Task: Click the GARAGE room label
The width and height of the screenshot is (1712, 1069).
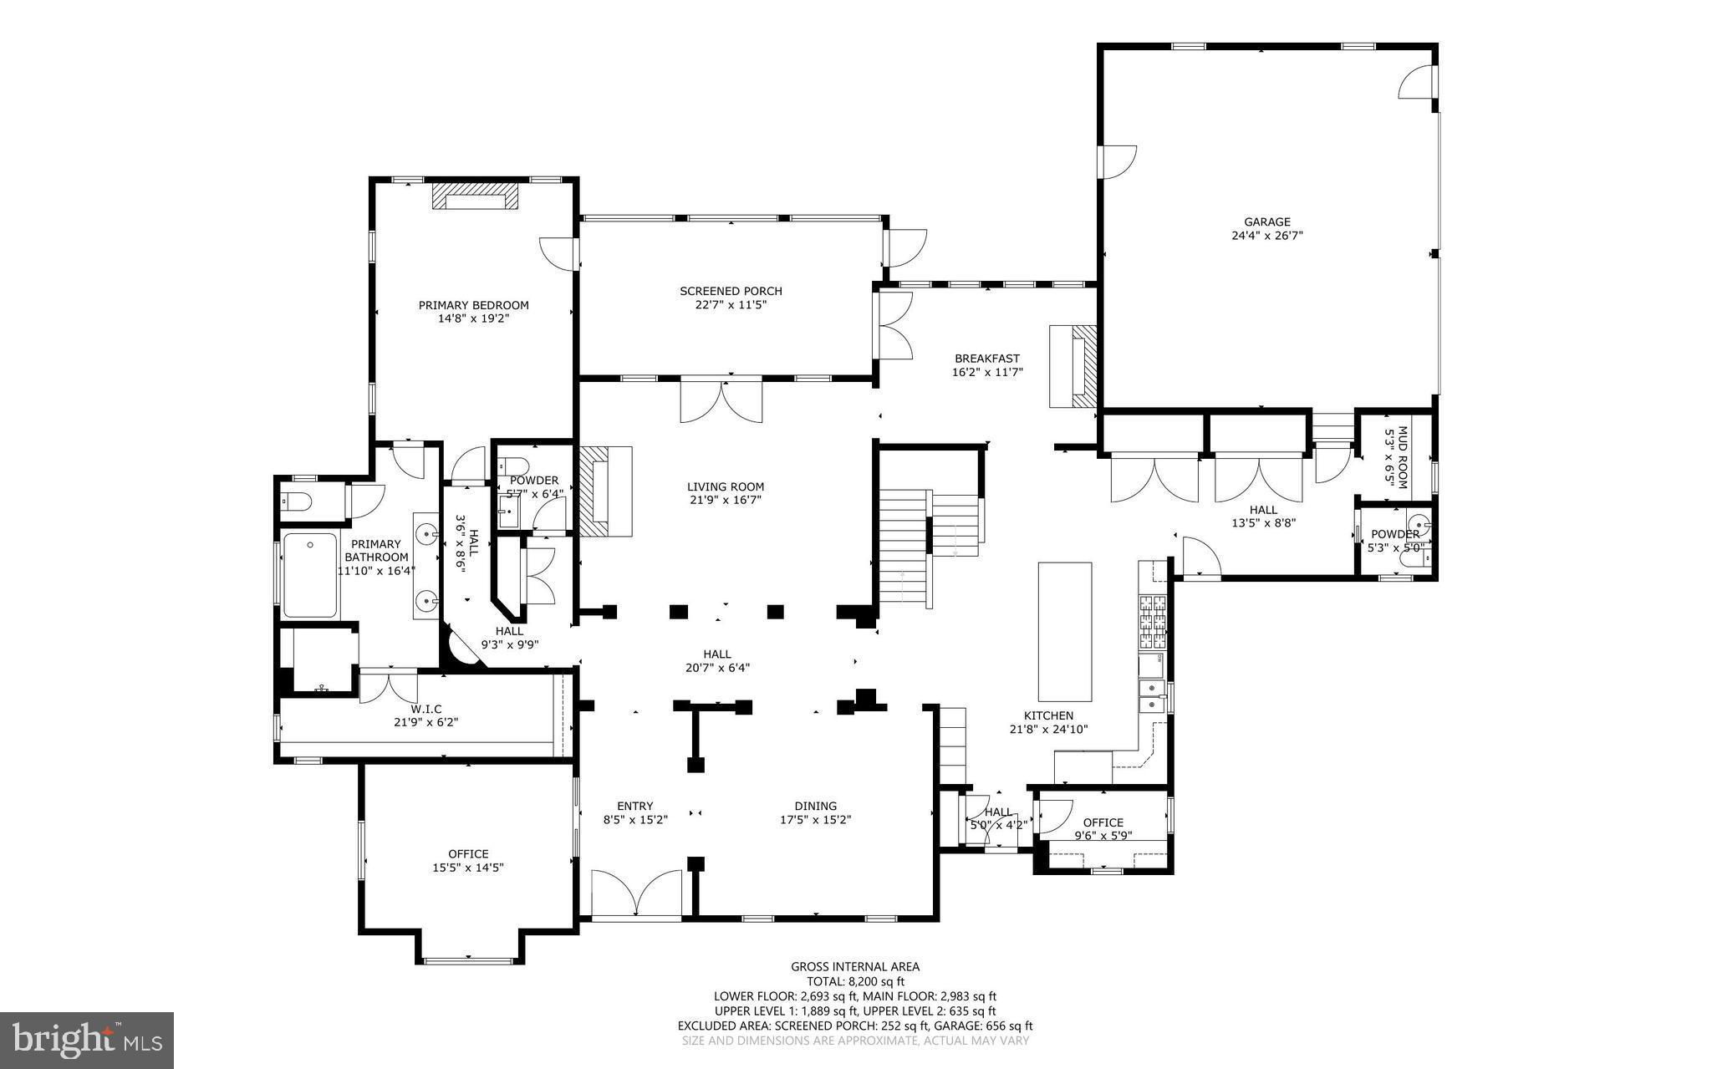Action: (1266, 222)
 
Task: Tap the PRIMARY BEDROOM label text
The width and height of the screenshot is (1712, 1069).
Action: (473, 305)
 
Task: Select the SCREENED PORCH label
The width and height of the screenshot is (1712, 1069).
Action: (731, 291)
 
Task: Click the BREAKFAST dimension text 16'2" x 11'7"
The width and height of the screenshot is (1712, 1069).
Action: (987, 372)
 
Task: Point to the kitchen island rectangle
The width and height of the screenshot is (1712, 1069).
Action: (1064, 631)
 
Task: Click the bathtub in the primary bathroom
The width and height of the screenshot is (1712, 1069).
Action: (310, 575)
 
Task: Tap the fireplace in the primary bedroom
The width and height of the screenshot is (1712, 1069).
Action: (475, 197)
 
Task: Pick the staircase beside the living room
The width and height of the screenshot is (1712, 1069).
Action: (904, 547)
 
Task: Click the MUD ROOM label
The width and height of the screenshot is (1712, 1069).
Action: (1397, 457)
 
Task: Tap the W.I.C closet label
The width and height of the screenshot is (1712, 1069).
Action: (425, 709)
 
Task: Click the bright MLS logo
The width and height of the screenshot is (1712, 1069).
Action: (87, 1040)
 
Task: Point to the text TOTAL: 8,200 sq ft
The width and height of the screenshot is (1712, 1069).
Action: (854, 981)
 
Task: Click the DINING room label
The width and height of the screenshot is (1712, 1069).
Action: (815, 807)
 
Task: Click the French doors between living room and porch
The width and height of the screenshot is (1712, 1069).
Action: (721, 402)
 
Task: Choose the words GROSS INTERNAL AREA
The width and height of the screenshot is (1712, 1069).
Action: (854, 967)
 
